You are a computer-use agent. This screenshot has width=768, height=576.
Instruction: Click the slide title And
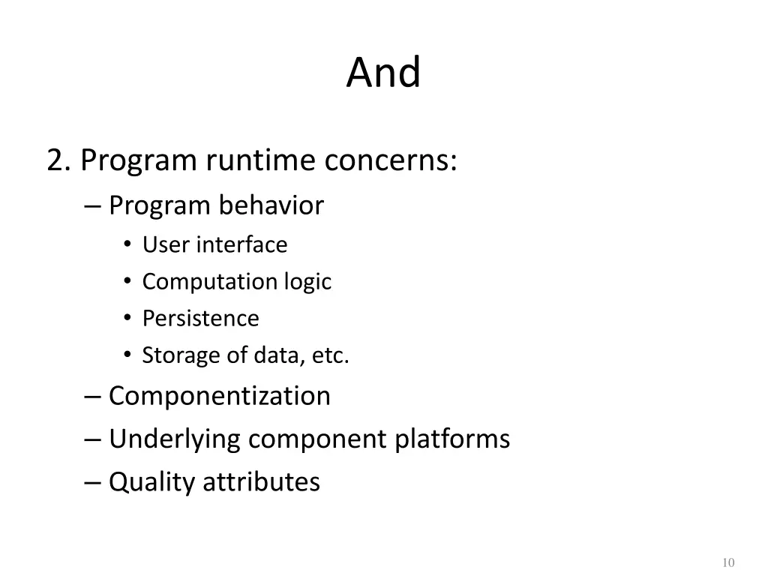coord(383,73)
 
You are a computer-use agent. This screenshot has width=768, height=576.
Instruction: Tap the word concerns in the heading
coord(390,160)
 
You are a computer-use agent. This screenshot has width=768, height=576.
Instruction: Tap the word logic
coord(307,282)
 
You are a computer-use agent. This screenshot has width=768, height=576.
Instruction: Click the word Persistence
coord(200,318)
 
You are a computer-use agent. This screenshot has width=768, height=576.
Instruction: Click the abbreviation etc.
coord(331,355)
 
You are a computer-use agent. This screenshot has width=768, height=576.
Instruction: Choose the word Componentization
coord(219,395)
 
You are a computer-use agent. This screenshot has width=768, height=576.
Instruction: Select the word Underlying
coord(174,439)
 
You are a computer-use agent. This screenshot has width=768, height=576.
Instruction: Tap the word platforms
coord(452,439)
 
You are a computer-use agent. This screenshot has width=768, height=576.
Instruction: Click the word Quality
coord(151,481)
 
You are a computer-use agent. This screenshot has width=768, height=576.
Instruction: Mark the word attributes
coord(262,481)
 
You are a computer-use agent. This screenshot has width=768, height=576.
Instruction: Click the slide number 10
coord(727,562)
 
